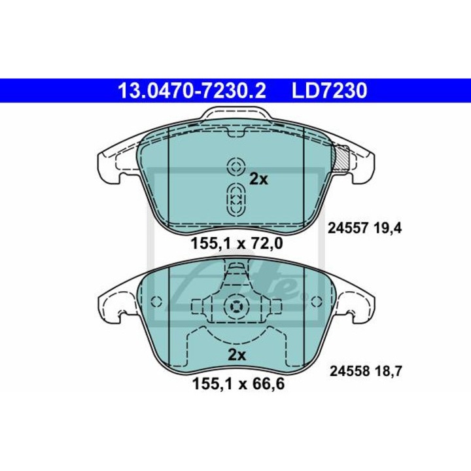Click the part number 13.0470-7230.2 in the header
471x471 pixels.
pos(192,90)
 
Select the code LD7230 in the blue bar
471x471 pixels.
pos(330,90)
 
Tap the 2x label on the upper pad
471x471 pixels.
pos(258,180)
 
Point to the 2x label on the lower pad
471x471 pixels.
pos(237,355)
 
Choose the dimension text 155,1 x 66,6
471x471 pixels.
pos(238,384)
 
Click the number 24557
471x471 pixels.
pos(348,229)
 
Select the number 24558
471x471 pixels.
pos(349,372)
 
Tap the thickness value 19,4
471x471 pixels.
pos(388,229)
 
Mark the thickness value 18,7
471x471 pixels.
pos(388,372)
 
